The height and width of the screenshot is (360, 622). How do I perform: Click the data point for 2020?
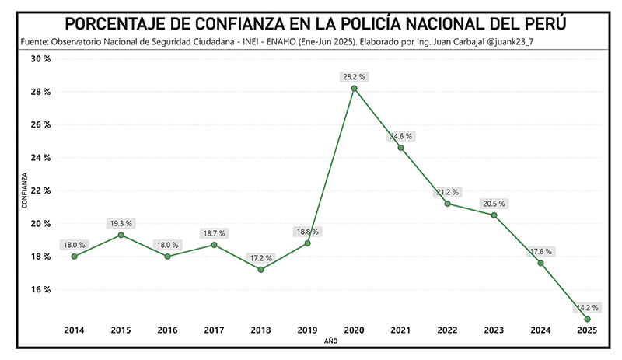[354, 88]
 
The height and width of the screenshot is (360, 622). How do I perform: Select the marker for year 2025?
[587, 319]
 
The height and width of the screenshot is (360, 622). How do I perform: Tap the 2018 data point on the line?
[260, 270]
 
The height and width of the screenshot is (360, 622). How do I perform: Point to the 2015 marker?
[121, 235]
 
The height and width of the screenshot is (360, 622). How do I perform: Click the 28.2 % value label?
[354, 76]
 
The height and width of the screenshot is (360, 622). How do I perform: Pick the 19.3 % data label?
[121, 223]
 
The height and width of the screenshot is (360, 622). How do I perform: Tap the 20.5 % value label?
[494, 204]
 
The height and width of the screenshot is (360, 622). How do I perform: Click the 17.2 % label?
[260, 257]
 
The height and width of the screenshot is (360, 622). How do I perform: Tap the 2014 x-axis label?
[74, 330]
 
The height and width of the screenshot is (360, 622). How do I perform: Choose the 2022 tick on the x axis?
[447, 330]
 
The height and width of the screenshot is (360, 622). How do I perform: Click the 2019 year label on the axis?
[307, 330]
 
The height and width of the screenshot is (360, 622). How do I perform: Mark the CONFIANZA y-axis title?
[24, 190]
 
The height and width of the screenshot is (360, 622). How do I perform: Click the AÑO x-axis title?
[330, 341]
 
